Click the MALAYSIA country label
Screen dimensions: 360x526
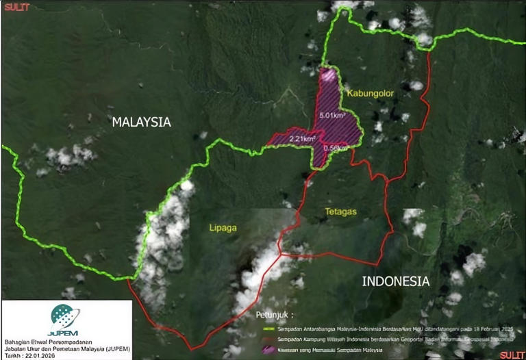(141, 123)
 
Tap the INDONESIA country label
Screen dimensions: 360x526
(395, 281)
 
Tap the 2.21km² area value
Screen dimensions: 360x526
(302, 139)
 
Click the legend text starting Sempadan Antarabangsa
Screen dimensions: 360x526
(384, 329)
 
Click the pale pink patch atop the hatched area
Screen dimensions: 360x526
(329, 75)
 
